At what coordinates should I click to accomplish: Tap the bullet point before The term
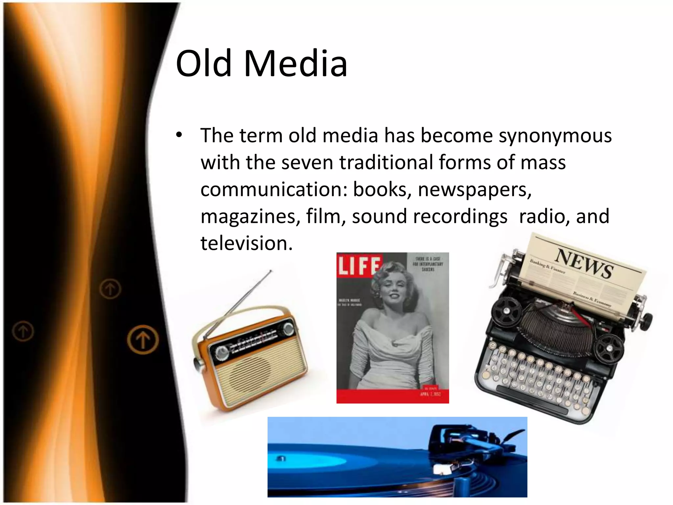(179, 135)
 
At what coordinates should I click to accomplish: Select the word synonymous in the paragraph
(555, 136)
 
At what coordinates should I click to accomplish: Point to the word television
(246, 244)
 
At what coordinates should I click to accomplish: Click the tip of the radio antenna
(271, 271)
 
